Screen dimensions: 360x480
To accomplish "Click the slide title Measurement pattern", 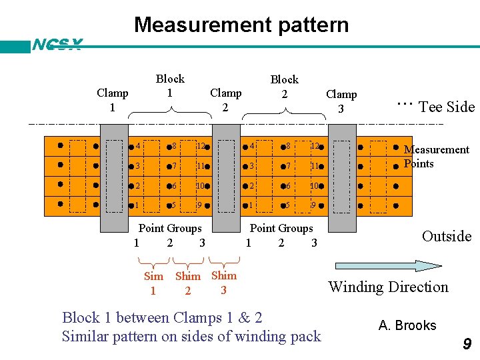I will tap(241, 25).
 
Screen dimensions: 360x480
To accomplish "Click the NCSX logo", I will tap(57, 45).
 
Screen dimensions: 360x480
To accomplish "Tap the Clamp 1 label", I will tap(112, 100).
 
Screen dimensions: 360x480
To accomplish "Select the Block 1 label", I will tap(169, 86).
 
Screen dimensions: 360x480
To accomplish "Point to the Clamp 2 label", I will tap(225, 99).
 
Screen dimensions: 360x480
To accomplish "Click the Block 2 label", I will tap(284, 87).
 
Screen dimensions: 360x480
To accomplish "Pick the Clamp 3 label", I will tap(341, 101).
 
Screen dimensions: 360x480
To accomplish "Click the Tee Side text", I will tap(446, 107).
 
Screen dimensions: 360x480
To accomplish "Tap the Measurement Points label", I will tap(437, 157).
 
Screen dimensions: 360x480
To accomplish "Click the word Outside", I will tap(446, 236).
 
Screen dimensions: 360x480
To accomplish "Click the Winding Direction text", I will tap(388, 287).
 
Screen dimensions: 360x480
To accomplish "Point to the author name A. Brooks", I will tap(407, 325).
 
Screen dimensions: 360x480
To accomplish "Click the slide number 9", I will tap(467, 344).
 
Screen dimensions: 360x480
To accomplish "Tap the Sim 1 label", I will tap(153, 283).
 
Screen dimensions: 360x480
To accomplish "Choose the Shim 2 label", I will tap(188, 283).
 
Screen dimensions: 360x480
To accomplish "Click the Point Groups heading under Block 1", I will tap(170, 228).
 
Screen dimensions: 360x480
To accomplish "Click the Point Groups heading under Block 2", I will tap(281, 228).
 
